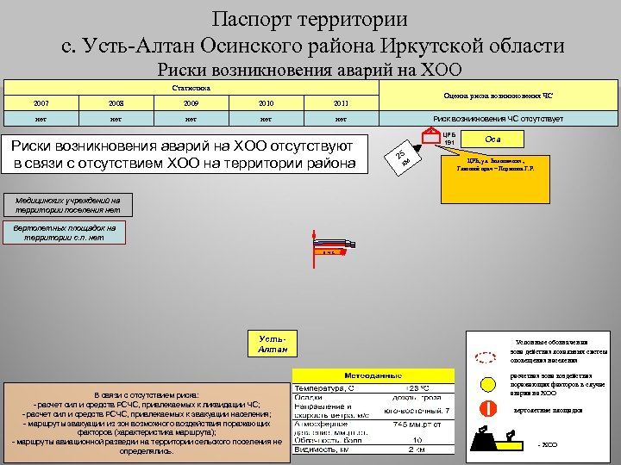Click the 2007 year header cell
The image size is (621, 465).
(41, 103)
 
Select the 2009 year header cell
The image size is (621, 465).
(191, 103)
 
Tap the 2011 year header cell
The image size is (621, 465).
(341, 103)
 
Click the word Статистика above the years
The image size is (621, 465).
(190, 87)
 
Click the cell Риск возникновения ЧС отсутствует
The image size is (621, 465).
(498, 119)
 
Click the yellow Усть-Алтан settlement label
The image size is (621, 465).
(273, 344)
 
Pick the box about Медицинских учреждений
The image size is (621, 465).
(66, 204)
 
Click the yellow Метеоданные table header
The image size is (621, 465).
(373, 376)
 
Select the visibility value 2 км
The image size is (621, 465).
(417, 449)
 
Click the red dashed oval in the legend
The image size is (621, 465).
(486, 355)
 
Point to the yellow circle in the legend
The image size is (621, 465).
(487, 384)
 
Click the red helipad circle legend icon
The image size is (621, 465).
(486, 409)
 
